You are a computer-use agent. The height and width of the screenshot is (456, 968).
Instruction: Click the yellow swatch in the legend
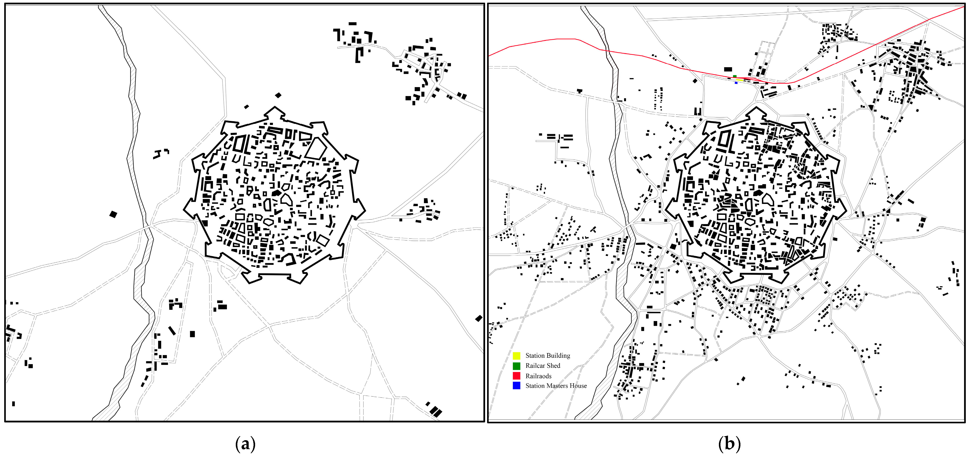point(517,356)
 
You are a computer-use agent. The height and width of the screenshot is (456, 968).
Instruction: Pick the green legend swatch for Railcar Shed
point(517,366)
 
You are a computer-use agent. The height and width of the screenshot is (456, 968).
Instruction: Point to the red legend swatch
point(517,376)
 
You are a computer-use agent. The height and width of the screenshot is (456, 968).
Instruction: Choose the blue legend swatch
point(517,386)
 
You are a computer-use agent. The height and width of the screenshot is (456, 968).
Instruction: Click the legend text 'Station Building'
point(547,356)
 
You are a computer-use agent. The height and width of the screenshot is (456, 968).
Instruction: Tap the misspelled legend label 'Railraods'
point(538,376)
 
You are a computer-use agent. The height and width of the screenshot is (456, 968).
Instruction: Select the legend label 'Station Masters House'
point(556,386)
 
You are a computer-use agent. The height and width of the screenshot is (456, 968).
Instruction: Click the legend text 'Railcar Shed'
point(543,366)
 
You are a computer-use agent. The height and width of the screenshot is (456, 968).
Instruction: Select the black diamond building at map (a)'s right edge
point(478,318)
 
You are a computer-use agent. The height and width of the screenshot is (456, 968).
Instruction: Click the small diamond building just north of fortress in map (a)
point(278,95)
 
